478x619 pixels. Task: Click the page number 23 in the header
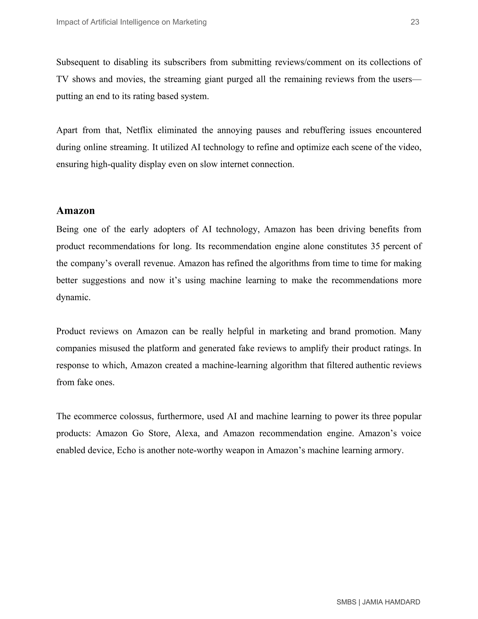[x=415, y=22]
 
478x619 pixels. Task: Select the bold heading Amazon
[x=75, y=211]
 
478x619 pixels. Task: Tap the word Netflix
[x=139, y=130]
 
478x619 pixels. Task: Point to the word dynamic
[x=73, y=297]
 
